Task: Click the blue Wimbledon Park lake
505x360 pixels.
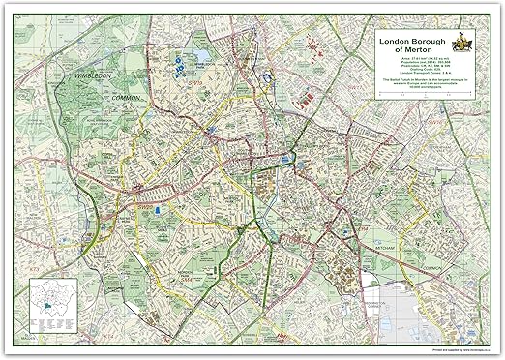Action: coord(180,66)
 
